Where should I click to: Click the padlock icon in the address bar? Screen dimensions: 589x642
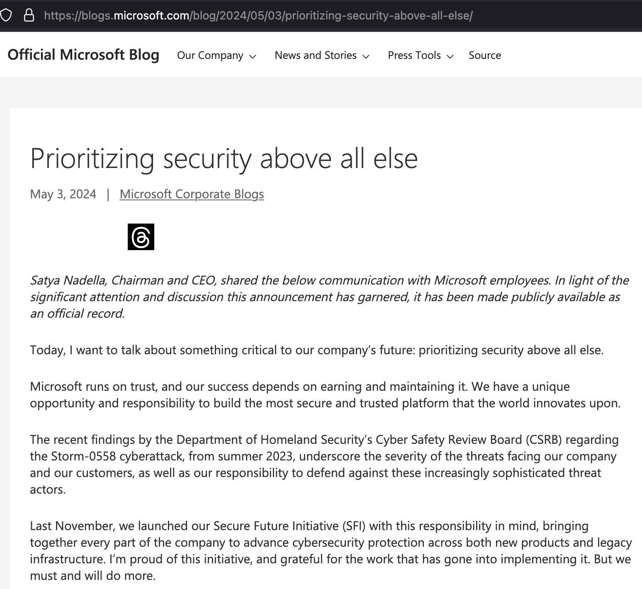coord(29,15)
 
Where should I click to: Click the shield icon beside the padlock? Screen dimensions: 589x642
coord(6,15)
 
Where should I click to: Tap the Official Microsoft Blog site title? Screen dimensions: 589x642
coord(83,55)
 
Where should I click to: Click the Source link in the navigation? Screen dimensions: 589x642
coord(484,56)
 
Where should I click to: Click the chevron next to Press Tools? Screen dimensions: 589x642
coord(450,56)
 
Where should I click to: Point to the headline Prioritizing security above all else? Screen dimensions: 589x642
coord(224,158)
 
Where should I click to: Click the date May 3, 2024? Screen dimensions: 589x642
coord(63,194)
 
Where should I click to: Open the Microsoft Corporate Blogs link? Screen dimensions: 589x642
coord(192,194)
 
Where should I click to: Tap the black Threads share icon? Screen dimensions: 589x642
coord(141,237)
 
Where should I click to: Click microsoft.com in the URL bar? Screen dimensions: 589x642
coord(151,16)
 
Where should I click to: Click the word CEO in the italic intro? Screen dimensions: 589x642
coord(203,280)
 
